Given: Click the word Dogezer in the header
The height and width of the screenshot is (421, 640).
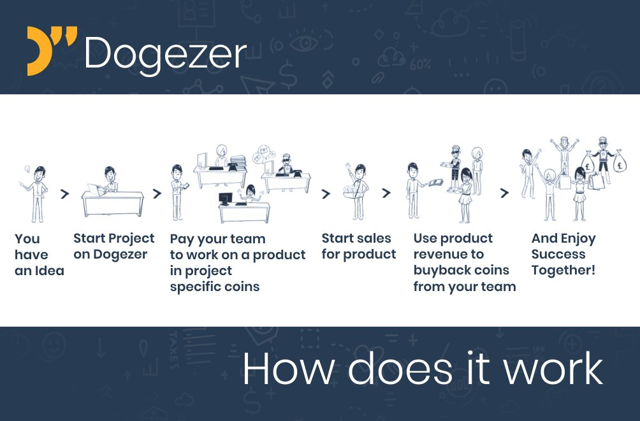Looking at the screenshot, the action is pos(165,54).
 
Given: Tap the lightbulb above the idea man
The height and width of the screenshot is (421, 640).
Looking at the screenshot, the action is pos(27,169).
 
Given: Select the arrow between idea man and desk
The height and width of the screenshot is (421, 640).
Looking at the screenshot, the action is pos(64,194).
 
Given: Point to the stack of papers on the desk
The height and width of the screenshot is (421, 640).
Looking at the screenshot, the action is pos(238,162).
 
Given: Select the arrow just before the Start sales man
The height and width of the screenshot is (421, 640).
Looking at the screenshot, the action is pos(325,194).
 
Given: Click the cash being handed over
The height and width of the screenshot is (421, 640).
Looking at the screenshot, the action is pos(435,182).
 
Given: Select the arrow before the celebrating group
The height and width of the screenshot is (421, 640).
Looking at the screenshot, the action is pos(504,193).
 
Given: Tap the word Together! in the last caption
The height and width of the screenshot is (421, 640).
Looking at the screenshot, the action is pos(564,270).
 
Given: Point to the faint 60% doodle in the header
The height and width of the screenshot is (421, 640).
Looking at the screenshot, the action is pos(420,64).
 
